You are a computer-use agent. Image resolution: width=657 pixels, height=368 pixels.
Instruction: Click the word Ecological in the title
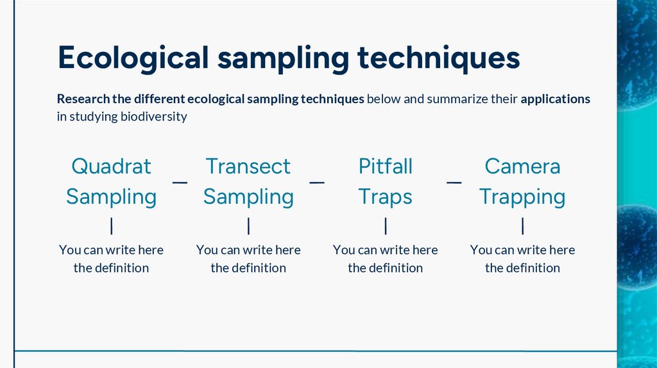tap(133, 58)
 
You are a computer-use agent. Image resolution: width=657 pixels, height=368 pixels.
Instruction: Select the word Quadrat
tap(111, 166)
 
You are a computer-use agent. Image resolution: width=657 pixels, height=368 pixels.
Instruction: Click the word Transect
tap(248, 166)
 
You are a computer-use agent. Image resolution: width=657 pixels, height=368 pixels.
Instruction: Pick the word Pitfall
tap(385, 166)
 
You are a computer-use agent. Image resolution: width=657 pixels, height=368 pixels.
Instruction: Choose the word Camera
tap(522, 166)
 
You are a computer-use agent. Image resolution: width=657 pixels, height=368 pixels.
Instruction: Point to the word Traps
tap(385, 197)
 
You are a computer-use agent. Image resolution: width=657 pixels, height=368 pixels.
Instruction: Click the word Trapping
tap(522, 197)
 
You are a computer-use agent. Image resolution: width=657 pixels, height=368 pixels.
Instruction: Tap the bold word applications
tap(556, 99)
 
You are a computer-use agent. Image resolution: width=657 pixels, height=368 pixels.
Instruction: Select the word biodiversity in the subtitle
tap(154, 117)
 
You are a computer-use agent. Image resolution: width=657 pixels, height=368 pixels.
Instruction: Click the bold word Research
tap(83, 99)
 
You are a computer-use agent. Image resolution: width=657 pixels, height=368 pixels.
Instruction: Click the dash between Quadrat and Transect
tap(180, 182)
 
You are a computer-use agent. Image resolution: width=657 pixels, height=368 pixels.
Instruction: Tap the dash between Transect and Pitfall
tap(317, 182)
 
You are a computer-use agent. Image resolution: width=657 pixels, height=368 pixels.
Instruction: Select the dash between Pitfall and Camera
tap(454, 182)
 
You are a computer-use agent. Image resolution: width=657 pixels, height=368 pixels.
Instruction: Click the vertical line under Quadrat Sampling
tap(112, 226)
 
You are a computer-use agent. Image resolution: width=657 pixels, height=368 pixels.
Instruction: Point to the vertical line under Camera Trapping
tap(523, 226)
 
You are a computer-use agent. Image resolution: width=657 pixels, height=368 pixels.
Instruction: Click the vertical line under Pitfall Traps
tap(386, 226)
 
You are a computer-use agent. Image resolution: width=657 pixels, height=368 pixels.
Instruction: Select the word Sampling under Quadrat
tap(111, 197)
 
